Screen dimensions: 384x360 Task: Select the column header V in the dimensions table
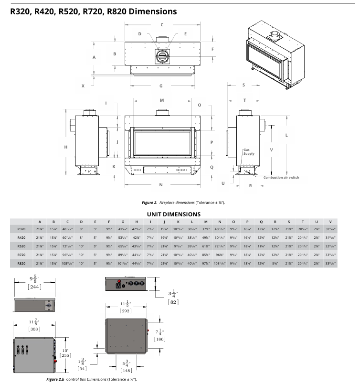tap(330, 221)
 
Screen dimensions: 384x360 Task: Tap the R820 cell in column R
tap(275, 263)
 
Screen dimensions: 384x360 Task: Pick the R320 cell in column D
tap(81, 229)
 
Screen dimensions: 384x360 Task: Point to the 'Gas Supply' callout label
tap(249, 151)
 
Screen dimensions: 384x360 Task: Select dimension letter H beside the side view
tap(65, 147)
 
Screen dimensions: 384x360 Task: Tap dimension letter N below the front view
tap(161, 184)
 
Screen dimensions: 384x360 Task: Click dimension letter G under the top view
tap(161, 86)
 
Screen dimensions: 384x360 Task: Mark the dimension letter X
tap(83, 86)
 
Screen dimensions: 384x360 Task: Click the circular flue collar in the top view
tap(162, 56)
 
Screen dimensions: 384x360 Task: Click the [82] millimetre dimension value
tap(173, 302)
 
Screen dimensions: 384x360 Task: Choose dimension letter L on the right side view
tap(286, 135)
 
